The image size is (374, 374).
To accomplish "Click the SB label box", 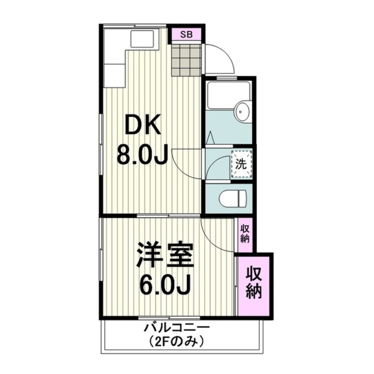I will tap(186, 35).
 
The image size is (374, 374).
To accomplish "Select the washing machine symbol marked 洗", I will tap(242, 164).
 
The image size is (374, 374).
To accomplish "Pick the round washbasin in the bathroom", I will tap(242, 111).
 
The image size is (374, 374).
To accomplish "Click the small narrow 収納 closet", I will tap(245, 234).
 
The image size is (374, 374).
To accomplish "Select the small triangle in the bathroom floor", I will tap(211, 137).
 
